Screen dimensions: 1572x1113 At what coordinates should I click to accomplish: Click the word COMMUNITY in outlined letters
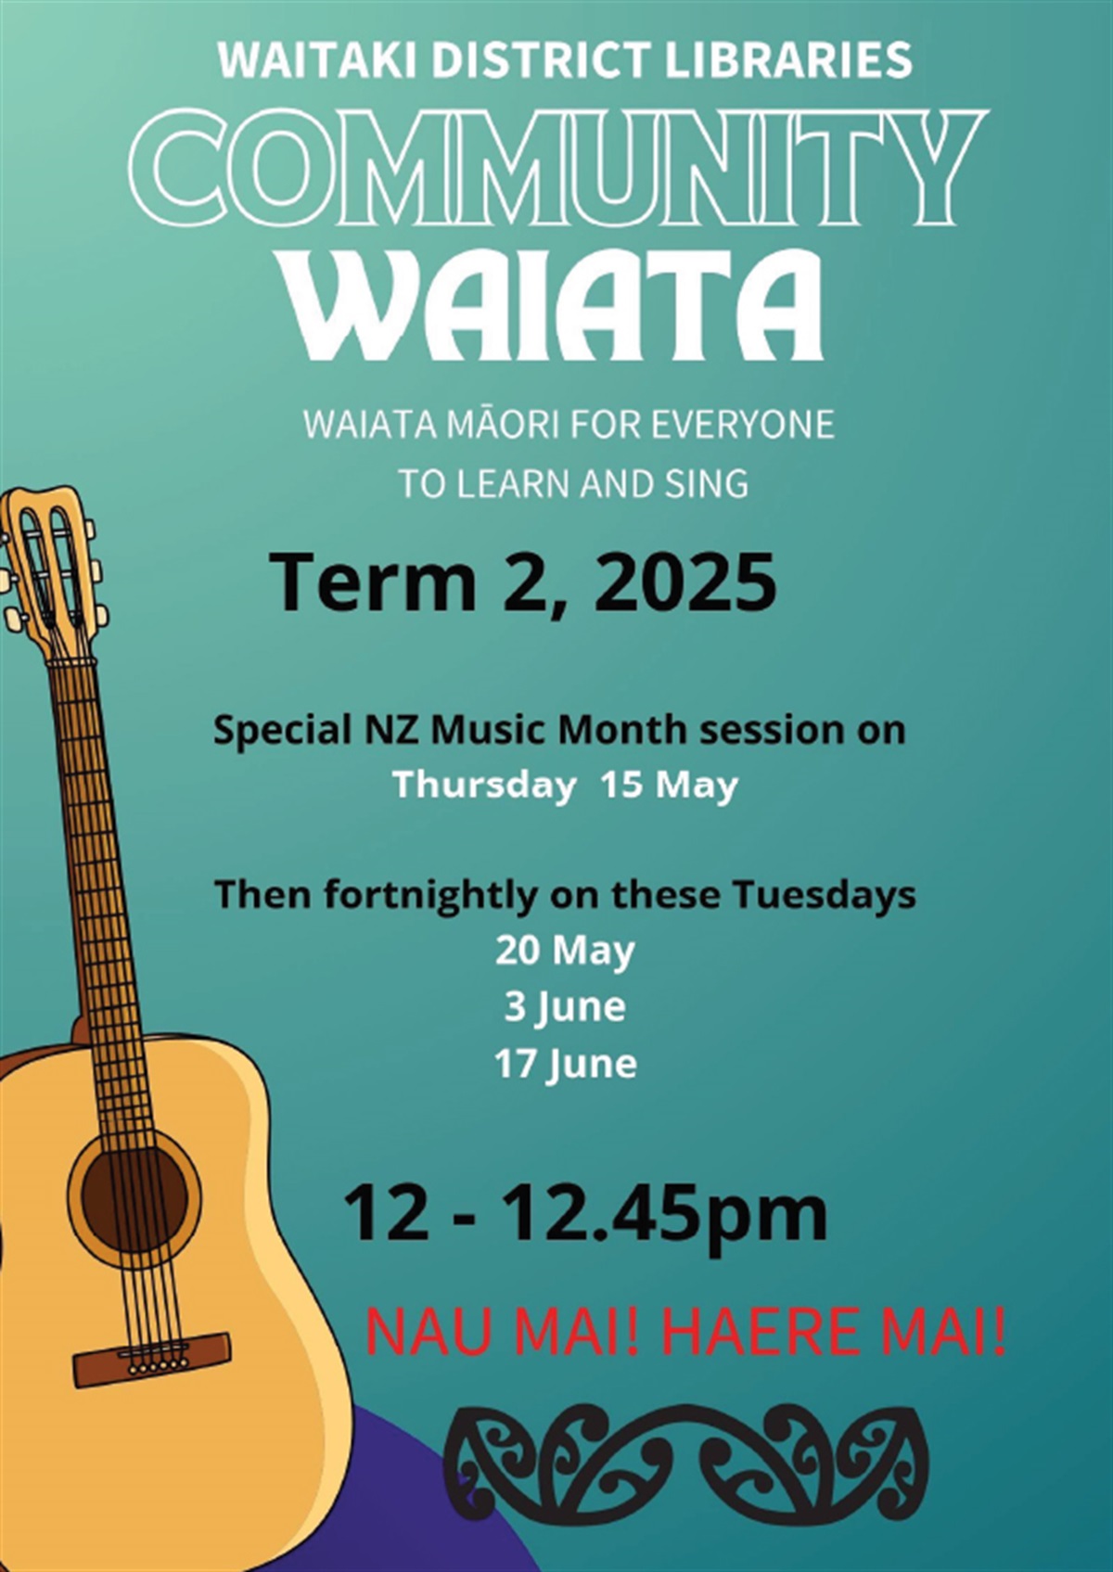[556, 170]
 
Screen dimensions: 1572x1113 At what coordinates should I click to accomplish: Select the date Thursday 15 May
[565, 786]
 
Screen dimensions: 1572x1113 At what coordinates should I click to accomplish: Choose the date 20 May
[565, 951]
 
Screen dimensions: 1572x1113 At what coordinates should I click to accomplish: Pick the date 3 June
[565, 1007]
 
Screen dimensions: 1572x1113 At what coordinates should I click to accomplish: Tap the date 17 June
[565, 1064]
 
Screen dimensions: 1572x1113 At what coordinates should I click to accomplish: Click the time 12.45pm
[664, 1214]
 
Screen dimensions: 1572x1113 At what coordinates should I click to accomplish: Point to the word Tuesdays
[824, 895]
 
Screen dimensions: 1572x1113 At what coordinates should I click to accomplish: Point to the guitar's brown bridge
[152, 1360]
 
